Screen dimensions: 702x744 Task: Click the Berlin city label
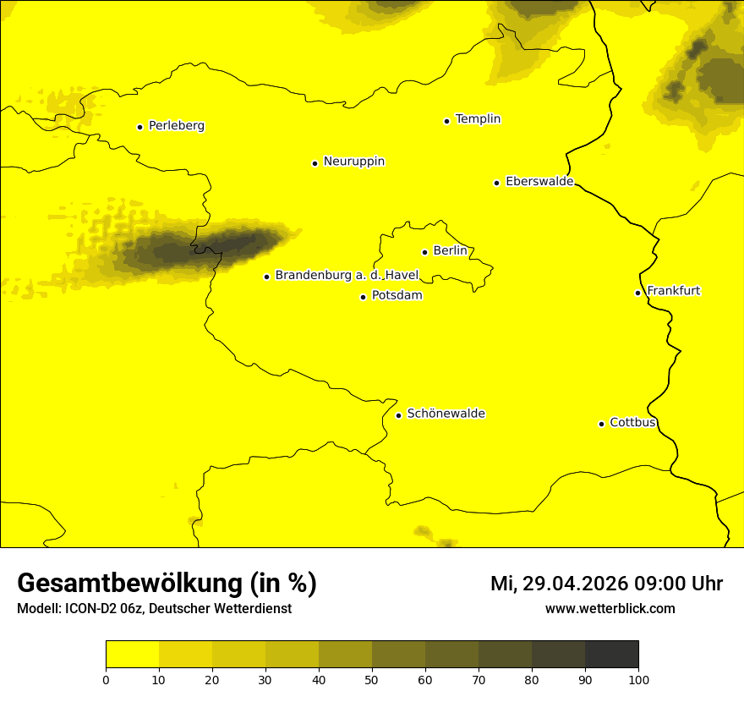click(x=450, y=251)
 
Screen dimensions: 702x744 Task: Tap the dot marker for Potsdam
click(x=364, y=297)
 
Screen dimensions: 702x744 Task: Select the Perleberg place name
click(x=177, y=126)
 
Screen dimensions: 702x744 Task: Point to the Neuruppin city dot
click(x=315, y=163)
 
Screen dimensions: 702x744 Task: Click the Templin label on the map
click(x=478, y=119)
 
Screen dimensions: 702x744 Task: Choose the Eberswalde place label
click(x=539, y=182)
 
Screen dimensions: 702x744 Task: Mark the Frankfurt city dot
click(x=637, y=293)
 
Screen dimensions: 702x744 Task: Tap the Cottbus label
click(x=632, y=423)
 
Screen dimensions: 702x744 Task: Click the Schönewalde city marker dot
click(x=398, y=415)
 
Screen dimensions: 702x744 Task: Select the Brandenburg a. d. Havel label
click(x=347, y=276)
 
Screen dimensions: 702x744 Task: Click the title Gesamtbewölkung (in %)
click(x=167, y=584)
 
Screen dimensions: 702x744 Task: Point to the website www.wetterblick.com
click(x=610, y=609)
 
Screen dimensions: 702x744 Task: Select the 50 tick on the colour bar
click(x=372, y=679)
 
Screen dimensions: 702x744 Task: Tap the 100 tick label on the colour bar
click(x=638, y=679)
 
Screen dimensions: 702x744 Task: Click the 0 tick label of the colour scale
click(x=106, y=679)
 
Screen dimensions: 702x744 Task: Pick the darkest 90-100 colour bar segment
click(x=611, y=654)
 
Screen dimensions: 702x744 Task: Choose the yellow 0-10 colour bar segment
click(x=132, y=654)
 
